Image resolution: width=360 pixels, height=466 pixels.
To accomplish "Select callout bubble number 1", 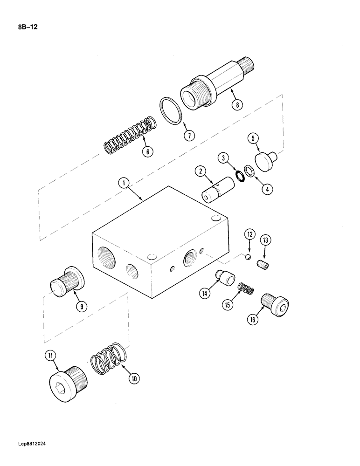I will coord(123,184).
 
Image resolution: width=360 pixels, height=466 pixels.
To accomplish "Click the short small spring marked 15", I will coord(245,289).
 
